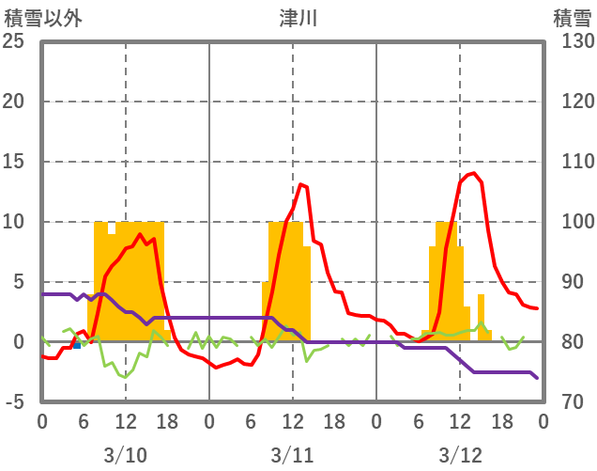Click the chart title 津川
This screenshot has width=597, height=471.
click(298, 18)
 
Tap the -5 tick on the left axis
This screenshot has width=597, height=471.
click(13, 402)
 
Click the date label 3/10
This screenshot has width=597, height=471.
click(125, 455)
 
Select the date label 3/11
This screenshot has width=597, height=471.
click(292, 455)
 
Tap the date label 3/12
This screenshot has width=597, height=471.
click(459, 455)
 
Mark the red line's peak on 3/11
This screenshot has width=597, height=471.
click(300, 184)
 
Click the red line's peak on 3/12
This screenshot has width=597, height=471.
click(475, 173)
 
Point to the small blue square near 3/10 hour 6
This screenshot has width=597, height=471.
click(77, 344)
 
